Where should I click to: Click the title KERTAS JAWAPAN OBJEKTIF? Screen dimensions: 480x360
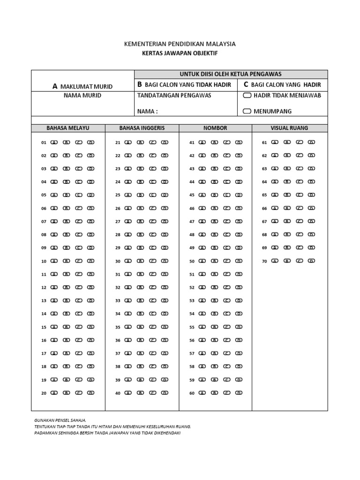(x=180, y=53)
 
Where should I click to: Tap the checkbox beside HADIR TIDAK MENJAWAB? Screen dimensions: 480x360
(x=247, y=96)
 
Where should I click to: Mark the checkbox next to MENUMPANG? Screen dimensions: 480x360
(x=247, y=112)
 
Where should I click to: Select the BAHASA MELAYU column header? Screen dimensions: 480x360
(x=68, y=128)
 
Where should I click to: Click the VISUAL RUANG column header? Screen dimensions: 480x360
(x=289, y=128)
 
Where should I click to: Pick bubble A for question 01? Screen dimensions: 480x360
(x=53, y=142)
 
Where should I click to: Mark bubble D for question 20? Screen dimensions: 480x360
(x=91, y=393)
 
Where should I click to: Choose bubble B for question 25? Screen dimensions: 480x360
(x=140, y=195)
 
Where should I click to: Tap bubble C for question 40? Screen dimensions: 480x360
(x=152, y=393)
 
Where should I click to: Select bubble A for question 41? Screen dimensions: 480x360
(x=202, y=142)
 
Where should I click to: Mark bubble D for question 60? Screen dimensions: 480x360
(x=239, y=393)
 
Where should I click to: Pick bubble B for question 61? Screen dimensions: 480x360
(x=287, y=142)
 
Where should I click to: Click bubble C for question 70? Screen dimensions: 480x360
(x=299, y=261)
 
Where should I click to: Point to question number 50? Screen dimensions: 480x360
(x=192, y=262)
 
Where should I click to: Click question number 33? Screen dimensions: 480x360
(x=118, y=301)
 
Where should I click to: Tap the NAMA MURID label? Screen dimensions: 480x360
(x=82, y=96)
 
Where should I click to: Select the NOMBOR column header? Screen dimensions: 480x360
(x=215, y=128)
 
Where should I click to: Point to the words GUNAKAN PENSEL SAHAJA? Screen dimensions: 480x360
(x=60, y=421)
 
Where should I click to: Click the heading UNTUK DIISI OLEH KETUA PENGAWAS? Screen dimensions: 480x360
(x=231, y=74)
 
